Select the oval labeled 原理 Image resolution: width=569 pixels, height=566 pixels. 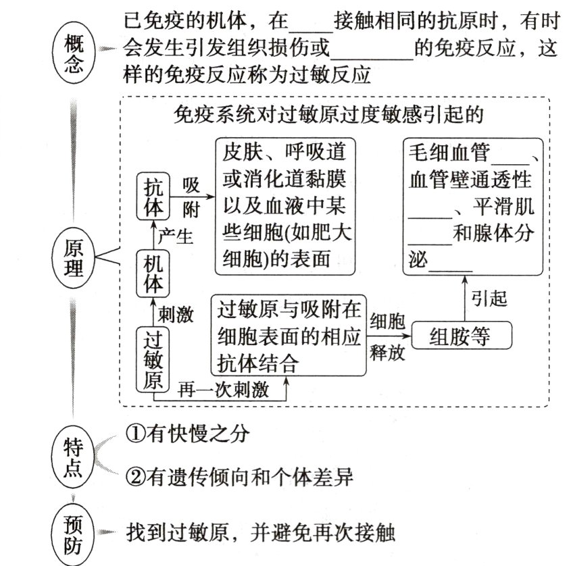(74, 257)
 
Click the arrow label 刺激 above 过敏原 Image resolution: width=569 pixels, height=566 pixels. (176, 313)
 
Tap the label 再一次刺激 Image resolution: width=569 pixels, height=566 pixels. (223, 390)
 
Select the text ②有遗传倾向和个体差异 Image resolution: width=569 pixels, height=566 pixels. (239, 478)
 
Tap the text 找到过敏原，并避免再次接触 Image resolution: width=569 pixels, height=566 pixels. (260, 532)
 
